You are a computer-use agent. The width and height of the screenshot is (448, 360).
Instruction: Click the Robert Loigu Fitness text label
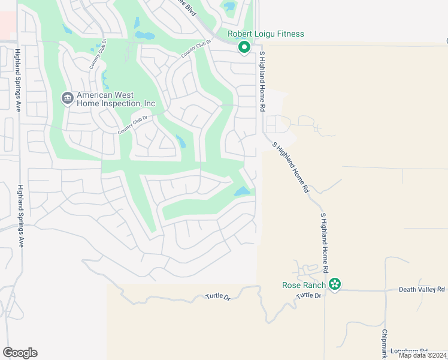(x=265, y=34)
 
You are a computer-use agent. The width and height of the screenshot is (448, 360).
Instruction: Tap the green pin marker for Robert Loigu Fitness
(x=244, y=47)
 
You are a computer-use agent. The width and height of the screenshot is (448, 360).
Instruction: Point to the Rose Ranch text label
(x=304, y=285)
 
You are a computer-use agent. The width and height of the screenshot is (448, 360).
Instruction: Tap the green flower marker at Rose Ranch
(x=335, y=284)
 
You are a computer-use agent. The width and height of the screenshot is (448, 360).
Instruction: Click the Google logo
(x=20, y=353)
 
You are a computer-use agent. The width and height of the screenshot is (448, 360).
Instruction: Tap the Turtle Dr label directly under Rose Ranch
(x=309, y=296)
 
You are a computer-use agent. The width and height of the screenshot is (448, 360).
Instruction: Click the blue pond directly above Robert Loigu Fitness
(x=229, y=8)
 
